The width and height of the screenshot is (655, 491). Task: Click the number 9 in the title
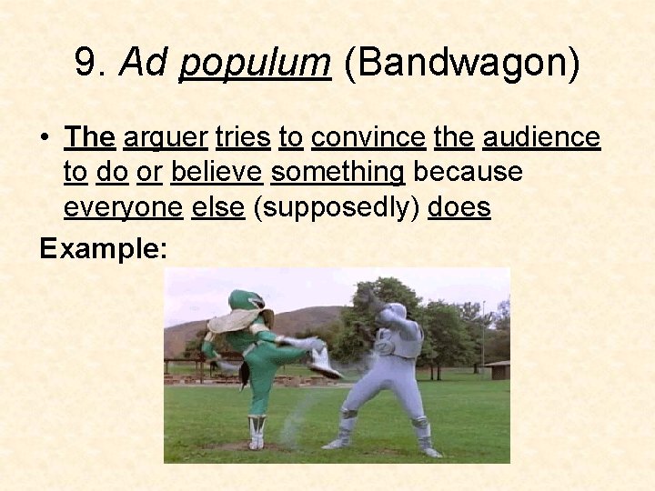pyautogui.click(x=86, y=63)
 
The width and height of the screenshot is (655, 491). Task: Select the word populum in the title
pyautogui.click(x=255, y=64)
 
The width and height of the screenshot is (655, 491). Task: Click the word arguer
pyautogui.click(x=165, y=138)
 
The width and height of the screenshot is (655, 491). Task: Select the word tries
pyautogui.click(x=243, y=137)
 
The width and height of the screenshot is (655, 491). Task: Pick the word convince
pyautogui.click(x=368, y=137)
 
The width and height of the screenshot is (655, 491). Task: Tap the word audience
pyautogui.click(x=542, y=137)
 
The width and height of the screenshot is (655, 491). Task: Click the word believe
pyautogui.click(x=217, y=172)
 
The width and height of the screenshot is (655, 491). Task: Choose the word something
pyautogui.click(x=338, y=173)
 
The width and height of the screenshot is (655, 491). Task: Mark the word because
pyautogui.click(x=467, y=172)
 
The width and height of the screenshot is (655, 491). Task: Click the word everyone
pyautogui.click(x=124, y=207)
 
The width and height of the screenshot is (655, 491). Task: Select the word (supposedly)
pyautogui.click(x=336, y=208)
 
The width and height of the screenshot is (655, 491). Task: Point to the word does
pyautogui.click(x=458, y=207)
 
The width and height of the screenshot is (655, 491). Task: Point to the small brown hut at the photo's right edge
pyautogui.click(x=498, y=370)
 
